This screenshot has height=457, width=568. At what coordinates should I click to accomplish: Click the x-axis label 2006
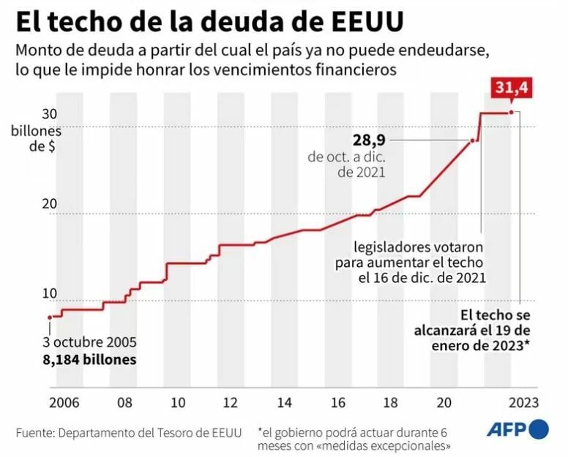(x=64, y=403)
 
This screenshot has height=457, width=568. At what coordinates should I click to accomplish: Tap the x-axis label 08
(x=125, y=403)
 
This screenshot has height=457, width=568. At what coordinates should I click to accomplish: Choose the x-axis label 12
(x=231, y=403)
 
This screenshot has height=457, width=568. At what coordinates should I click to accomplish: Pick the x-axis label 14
(x=284, y=403)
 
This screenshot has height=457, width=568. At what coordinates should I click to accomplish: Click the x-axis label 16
(x=337, y=403)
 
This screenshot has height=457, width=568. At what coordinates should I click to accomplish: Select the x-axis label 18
(x=390, y=403)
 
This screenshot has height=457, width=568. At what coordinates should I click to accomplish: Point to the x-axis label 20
(x=444, y=403)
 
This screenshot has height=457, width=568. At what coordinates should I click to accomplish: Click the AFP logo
(x=518, y=428)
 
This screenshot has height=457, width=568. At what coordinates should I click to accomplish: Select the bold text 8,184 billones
(x=90, y=360)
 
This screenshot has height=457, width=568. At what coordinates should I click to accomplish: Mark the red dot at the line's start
(x=50, y=317)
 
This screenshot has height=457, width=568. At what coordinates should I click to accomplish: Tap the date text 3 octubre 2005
(x=90, y=343)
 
